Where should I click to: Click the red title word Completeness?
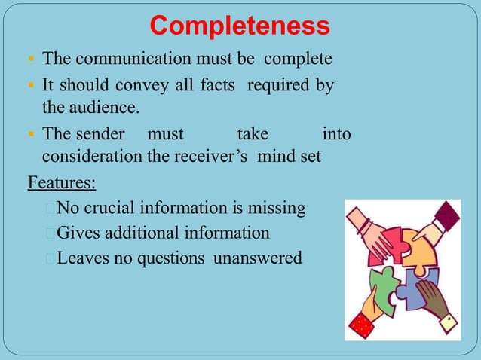[240, 26]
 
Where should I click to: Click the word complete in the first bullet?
[297, 59]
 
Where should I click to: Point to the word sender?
[100, 134]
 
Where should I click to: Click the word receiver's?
[213, 157]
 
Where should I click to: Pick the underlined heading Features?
[62, 182]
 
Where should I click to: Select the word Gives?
[80, 233]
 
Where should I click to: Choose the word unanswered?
[257, 258]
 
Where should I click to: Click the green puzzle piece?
[385, 287]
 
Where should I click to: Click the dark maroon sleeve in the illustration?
[447, 215]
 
